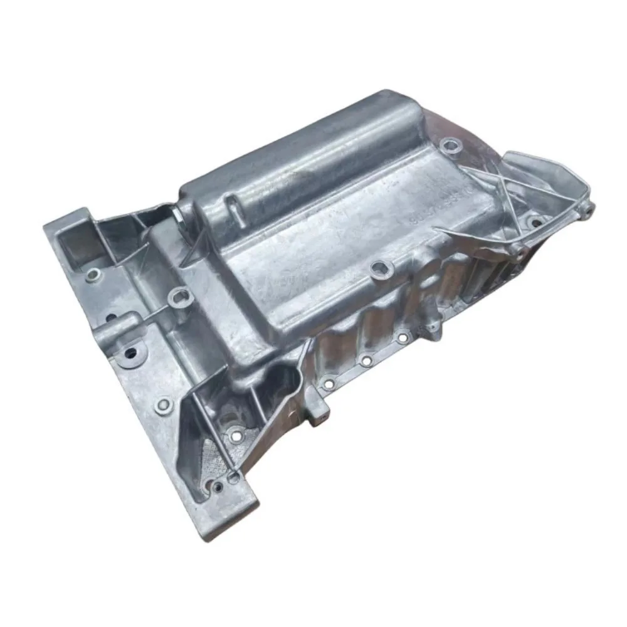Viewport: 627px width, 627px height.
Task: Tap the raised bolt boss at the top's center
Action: point(381,270)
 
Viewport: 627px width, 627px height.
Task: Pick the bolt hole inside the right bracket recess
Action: point(534,221)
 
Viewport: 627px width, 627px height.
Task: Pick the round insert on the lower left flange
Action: point(164,406)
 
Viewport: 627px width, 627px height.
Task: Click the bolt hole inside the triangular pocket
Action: point(235,433)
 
